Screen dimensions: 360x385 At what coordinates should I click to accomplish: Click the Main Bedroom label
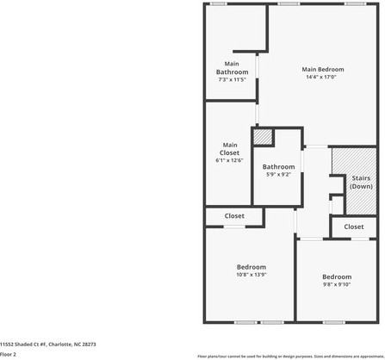[323, 69]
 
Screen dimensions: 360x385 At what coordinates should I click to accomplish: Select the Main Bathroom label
[232, 67]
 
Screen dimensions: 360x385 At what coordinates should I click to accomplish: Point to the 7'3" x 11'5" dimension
[232, 80]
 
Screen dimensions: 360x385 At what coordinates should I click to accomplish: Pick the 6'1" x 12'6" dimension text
[229, 160]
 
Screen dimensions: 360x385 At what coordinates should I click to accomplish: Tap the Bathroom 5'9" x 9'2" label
[278, 171]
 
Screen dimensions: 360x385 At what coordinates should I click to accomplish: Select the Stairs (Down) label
[361, 182]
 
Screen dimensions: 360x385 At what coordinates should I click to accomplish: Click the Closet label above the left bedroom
[234, 215]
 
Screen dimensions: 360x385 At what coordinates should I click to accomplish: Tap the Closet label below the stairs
[353, 227]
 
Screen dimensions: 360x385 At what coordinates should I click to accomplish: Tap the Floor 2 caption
[9, 354]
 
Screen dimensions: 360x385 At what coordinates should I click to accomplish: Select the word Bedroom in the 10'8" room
[251, 267]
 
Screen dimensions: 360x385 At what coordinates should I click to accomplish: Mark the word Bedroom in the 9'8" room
[337, 276]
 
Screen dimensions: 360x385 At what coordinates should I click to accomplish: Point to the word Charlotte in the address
[59, 344]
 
